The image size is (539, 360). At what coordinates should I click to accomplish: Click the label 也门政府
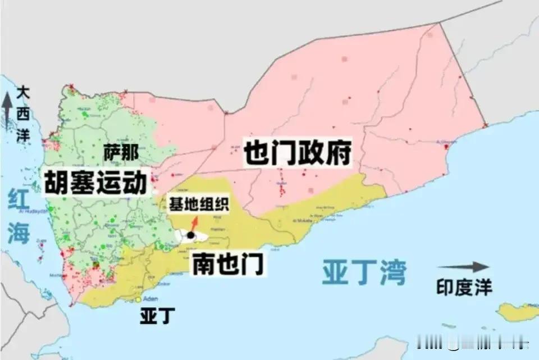click(x=298, y=153)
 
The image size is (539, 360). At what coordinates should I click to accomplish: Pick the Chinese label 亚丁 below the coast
click(x=153, y=316)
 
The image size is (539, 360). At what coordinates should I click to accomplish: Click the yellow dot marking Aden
click(x=138, y=299)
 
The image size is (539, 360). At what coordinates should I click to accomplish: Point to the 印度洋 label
click(x=464, y=288)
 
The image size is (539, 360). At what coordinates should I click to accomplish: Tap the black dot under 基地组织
click(x=191, y=235)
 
